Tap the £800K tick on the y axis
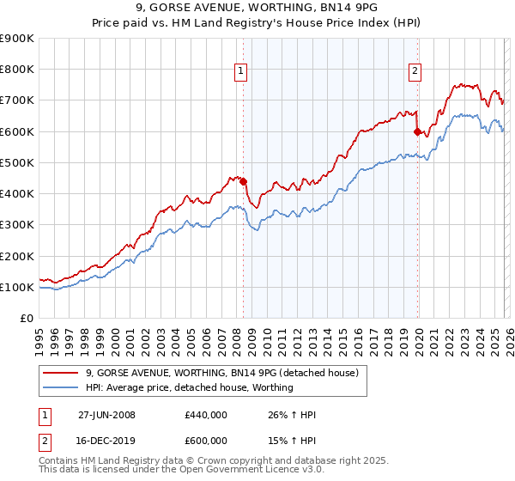click(x=17, y=70)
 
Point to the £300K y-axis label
click(x=17, y=225)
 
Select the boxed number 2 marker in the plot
click(x=415, y=71)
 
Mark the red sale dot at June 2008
click(x=243, y=181)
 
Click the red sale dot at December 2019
click(x=418, y=132)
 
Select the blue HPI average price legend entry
click(x=188, y=387)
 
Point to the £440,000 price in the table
click(x=205, y=415)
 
